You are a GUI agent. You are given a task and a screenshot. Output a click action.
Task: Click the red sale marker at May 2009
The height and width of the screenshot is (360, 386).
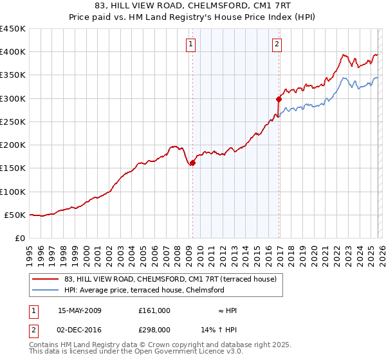[192, 163]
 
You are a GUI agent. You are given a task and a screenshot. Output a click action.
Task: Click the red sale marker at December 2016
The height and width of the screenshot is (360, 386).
[279, 99]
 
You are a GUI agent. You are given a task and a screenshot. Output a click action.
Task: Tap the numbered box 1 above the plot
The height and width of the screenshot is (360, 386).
[192, 44]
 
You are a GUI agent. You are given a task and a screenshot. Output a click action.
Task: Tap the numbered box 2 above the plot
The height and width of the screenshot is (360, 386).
[277, 44]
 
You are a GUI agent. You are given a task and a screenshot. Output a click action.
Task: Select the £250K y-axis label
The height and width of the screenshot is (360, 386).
[13, 122]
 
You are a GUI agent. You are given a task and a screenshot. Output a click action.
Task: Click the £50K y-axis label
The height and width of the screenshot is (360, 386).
[15, 215]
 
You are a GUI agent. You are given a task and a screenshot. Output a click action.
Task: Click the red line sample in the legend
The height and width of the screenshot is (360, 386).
[46, 279]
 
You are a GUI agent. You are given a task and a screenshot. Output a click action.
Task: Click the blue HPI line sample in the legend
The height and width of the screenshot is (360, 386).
[46, 290]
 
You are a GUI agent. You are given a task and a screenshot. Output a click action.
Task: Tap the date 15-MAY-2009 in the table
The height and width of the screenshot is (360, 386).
[80, 310]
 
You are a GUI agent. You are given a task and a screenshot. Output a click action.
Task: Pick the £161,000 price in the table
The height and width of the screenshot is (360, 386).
[154, 310]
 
